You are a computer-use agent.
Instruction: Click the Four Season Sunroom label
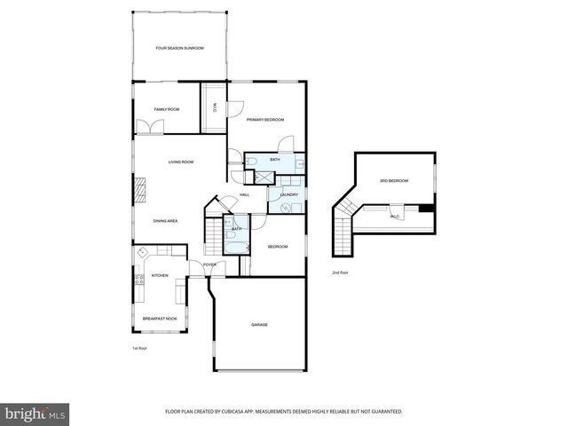coord(180,48)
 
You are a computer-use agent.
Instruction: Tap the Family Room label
coord(166,109)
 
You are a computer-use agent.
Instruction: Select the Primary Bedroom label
coord(264,119)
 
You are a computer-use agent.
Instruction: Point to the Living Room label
coord(181,162)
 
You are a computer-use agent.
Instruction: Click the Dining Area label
coord(165,220)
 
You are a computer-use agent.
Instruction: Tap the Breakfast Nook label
coord(160,318)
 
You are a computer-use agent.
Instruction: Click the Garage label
coord(258,324)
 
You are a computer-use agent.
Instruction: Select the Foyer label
coord(209,264)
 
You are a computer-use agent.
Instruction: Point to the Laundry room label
coord(288,194)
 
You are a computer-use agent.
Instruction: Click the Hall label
coord(244,194)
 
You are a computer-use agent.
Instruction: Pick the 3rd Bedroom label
coord(393,181)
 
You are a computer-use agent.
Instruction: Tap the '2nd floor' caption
coord(341,272)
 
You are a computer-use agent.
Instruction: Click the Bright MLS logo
coord(35,413)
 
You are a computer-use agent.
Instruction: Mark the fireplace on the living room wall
coord(139,189)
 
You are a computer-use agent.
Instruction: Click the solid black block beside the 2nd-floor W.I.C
coord(427,209)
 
